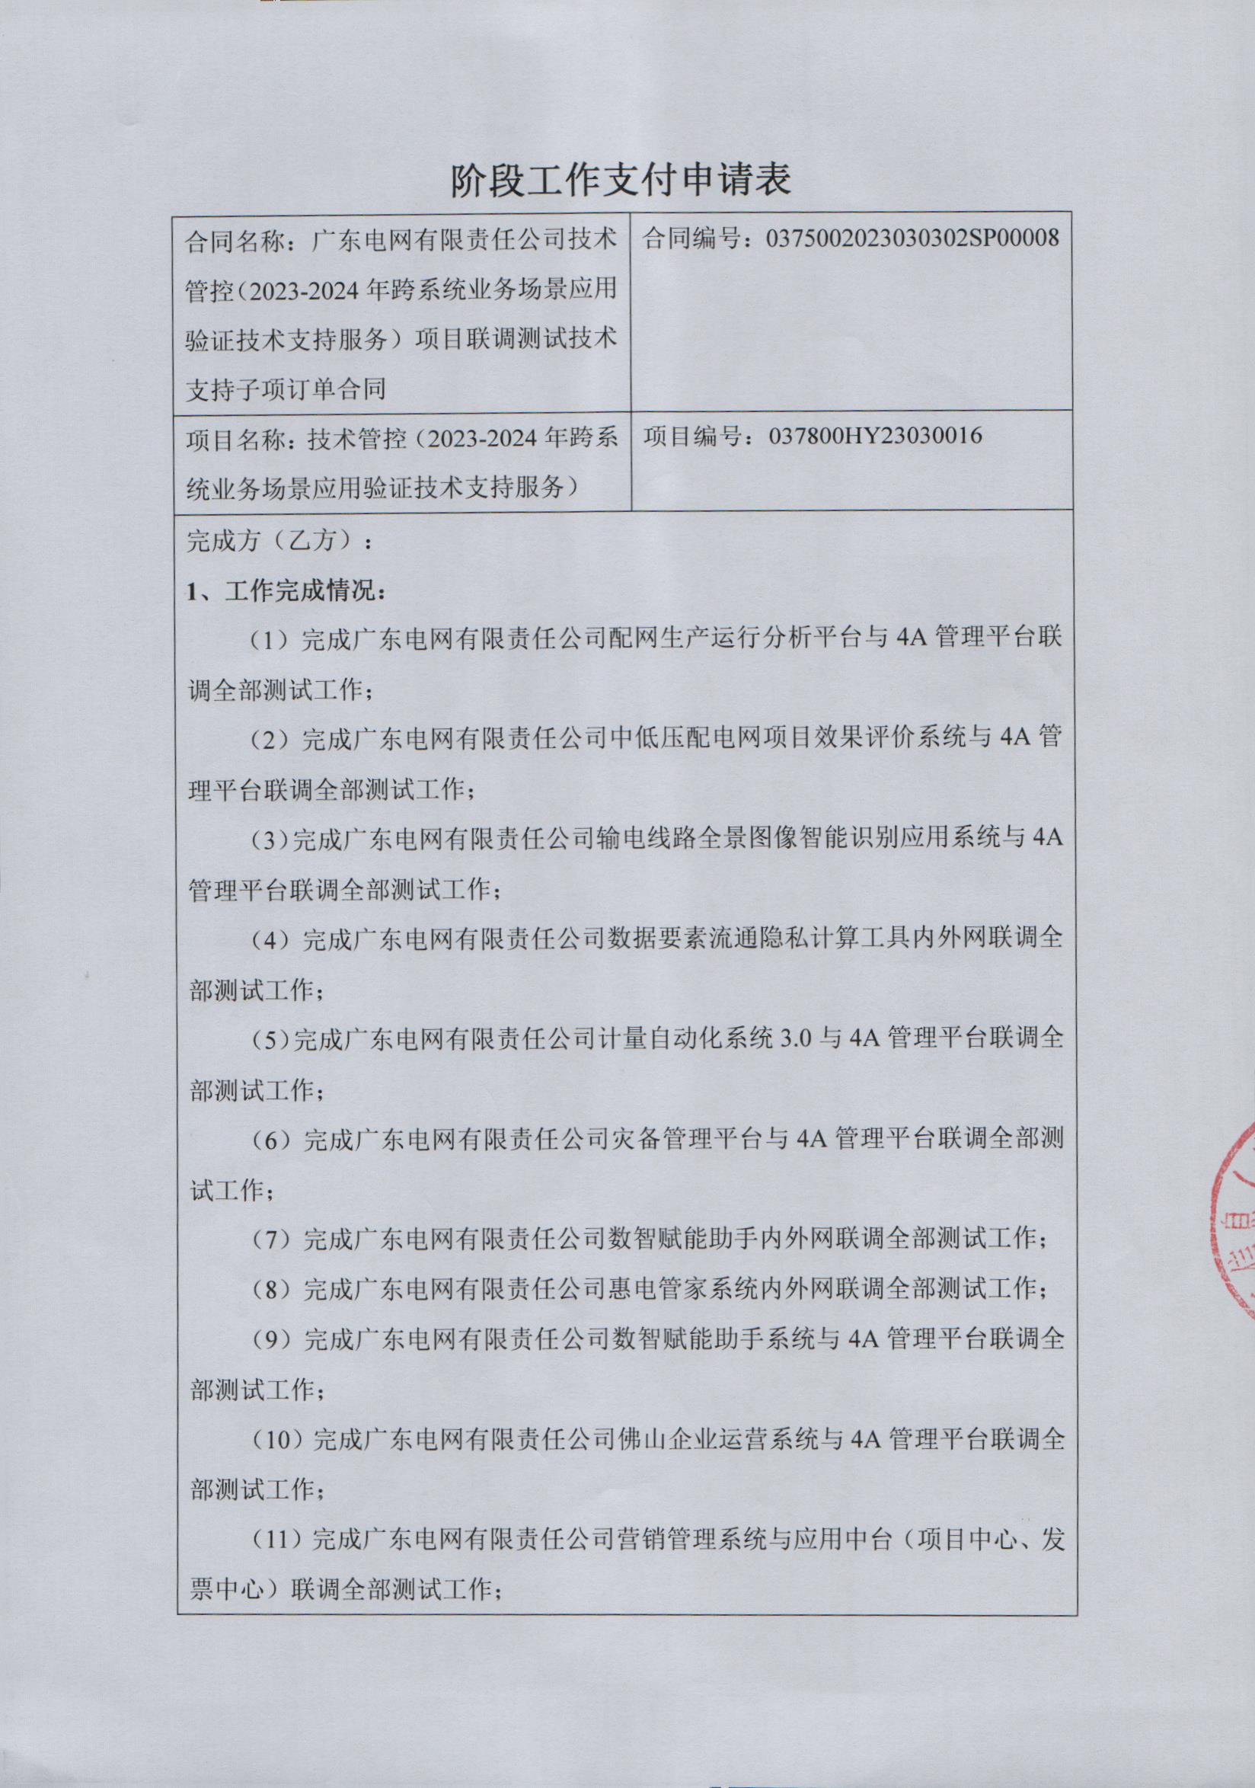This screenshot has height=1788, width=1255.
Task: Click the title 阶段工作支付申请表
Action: [x=621, y=181]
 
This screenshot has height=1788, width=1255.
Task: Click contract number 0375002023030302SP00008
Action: [x=912, y=238]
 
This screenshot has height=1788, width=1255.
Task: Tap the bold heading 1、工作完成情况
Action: [x=286, y=591]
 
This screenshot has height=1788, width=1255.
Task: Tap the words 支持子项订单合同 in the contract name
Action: [x=286, y=389]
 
